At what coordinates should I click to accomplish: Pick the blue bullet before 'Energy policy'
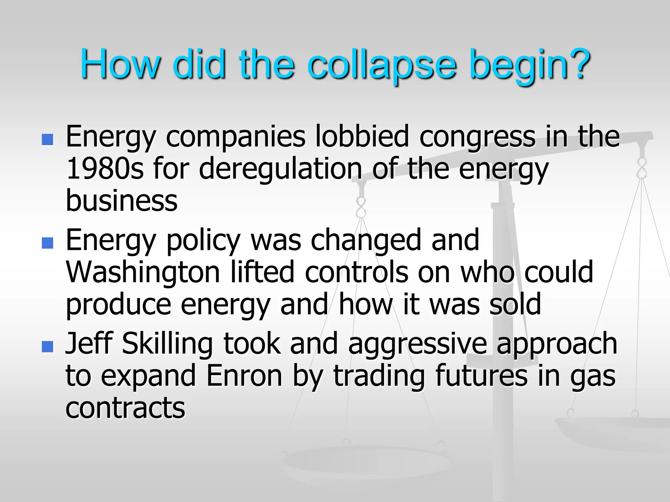coord(47,243)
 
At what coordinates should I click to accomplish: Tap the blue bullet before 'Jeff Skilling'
coord(47,346)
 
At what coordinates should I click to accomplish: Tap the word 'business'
coord(122,200)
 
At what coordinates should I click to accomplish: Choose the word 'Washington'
coord(143,272)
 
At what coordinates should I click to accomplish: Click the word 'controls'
coord(356,272)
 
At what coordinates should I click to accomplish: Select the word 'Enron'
coord(244,376)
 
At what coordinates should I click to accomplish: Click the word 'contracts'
coord(125,408)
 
